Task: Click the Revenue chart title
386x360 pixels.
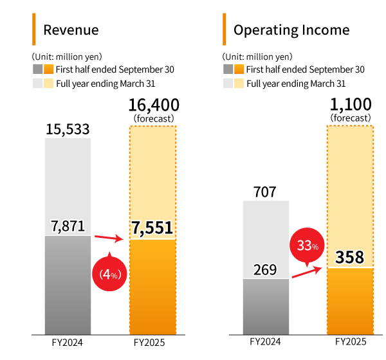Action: point(71,30)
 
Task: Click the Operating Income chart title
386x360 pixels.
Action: point(291,30)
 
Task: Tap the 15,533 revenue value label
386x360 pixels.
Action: point(68,129)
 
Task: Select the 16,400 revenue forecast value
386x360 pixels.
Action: point(154,105)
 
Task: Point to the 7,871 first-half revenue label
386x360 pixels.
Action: point(68,226)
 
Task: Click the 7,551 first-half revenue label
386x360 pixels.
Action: point(153,229)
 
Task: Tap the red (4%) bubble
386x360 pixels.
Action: point(110,274)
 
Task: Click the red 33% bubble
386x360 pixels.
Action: point(308,244)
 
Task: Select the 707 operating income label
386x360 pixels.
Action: point(265,191)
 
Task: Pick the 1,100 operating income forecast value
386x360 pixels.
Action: point(351,105)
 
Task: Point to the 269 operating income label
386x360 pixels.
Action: point(265,269)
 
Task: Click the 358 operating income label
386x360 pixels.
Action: point(351,258)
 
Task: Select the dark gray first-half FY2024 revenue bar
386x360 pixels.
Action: point(68,286)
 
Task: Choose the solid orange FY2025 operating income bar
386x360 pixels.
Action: point(351,302)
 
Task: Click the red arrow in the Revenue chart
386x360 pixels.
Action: point(109,239)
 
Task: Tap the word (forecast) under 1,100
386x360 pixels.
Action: point(351,118)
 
